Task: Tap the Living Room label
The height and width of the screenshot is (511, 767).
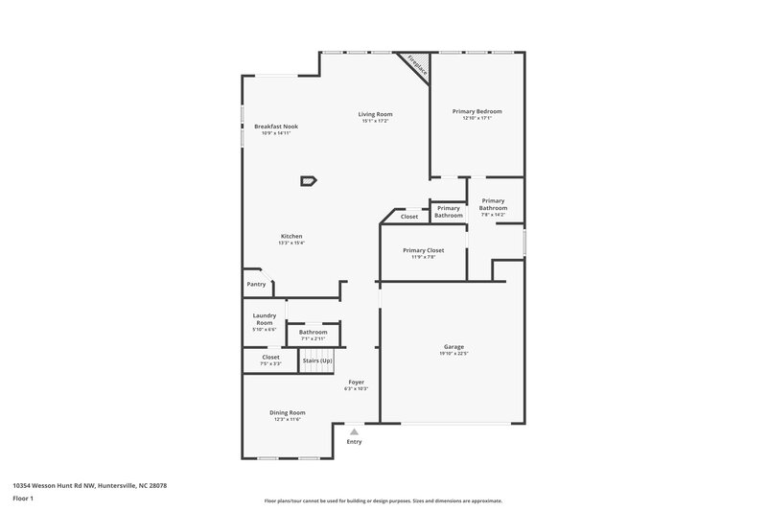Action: (x=377, y=114)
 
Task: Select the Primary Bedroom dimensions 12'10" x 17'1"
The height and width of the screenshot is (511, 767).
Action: (x=476, y=119)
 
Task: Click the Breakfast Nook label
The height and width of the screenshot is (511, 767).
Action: (x=275, y=127)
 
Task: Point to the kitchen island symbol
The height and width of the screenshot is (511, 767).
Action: (x=308, y=179)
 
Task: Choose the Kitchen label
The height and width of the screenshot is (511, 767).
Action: (x=291, y=236)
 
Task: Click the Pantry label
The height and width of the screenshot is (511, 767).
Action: (x=256, y=284)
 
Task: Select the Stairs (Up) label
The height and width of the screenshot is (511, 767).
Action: (x=317, y=360)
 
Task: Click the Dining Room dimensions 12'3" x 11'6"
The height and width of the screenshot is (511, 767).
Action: (x=287, y=419)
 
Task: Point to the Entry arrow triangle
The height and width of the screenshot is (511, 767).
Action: (x=354, y=432)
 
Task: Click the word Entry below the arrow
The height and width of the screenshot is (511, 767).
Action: (x=354, y=442)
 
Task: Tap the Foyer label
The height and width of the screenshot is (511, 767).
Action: (x=356, y=382)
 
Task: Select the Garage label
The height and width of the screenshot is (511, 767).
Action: (x=453, y=346)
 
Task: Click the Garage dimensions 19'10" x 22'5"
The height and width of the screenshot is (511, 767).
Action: (x=453, y=354)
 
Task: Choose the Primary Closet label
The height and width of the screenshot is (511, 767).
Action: (x=423, y=250)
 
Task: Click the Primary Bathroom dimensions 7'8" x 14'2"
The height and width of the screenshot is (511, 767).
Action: (x=494, y=214)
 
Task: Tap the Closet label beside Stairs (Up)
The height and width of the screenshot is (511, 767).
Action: (x=271, y=357)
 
